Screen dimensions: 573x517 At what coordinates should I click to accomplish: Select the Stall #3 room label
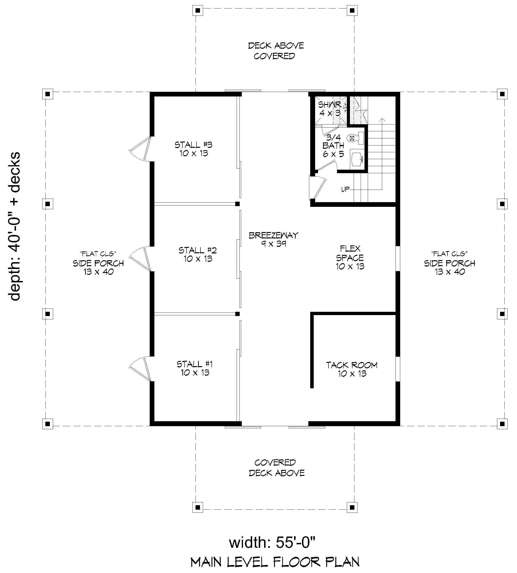pyautogui.click(x=193, y=149)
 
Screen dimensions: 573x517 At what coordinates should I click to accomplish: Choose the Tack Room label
pyautogui.click(x=352, y=369)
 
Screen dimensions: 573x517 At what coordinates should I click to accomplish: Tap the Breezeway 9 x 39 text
pyautogui.click(x=273, y=239)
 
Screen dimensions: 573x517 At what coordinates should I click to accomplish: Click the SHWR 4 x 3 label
pyautogui.click(x=329, y=108)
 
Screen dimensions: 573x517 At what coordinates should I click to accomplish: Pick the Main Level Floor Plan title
pyautogui.click(x=275, y=562)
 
